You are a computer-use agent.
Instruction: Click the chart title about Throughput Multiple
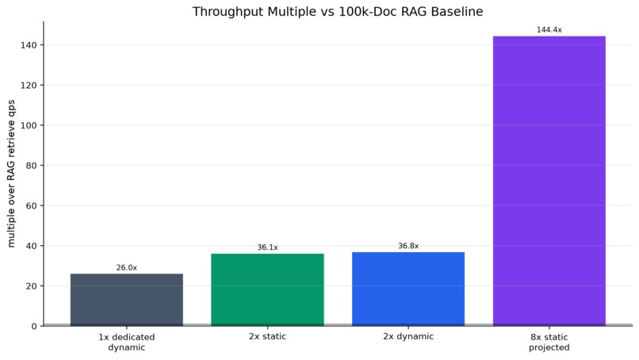[x=338, y=11]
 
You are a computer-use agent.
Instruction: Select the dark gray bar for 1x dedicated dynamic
[x=127, y=300]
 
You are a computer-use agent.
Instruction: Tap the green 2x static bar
[x=267, y=289]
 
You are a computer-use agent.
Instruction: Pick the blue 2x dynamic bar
[x=408, y=289]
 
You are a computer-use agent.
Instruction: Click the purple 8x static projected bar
[x=549, y=181]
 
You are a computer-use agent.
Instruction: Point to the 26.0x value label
[x=127, y=268]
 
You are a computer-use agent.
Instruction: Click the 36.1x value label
[x=267, y=247]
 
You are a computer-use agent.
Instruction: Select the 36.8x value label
[x=408, y=246]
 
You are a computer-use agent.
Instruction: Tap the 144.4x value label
[x=549, y=30]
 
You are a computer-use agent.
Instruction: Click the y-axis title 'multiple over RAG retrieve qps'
[x=11, y=174]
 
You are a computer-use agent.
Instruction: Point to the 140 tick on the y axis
[x=29, y=45]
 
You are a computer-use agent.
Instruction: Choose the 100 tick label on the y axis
[x=29, y=125]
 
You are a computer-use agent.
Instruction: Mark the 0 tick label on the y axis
[x=34, y=327]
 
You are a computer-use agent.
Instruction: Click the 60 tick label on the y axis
[x=32, y=206]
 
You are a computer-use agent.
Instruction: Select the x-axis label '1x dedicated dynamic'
[x=127, y=343]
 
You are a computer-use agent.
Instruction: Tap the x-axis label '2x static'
[x=267, y=337]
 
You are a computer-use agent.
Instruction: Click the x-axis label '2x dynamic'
[x=408, y=337]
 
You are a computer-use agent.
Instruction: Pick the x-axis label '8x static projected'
[x=549, y=343]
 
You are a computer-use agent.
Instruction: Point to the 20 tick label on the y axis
[x=32, y=286]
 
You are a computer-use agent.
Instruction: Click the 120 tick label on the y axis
[x=29, y=86]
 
